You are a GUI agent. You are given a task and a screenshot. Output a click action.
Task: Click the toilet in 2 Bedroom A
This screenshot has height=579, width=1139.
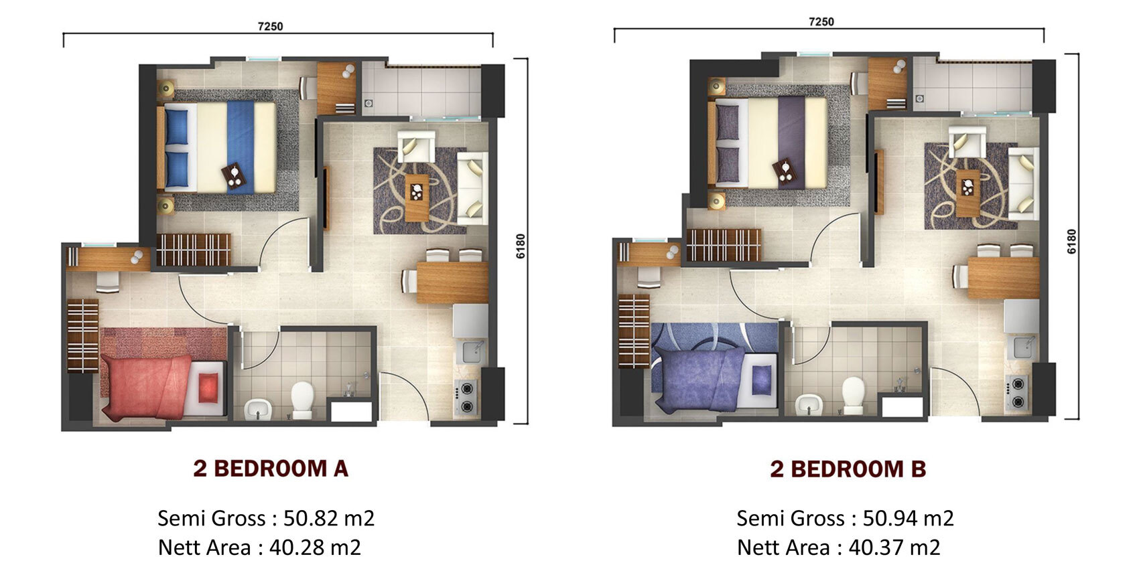click(302, 400)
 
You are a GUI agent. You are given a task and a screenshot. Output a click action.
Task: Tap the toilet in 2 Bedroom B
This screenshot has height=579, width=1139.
click(853, 395)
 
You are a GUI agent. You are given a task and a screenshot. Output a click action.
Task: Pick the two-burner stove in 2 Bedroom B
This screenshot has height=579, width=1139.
click(1017, 393)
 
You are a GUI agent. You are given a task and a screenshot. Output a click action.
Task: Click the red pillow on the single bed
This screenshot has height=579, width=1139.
click(208, 388)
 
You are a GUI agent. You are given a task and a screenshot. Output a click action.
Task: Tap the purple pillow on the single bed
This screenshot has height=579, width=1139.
click(760, 380)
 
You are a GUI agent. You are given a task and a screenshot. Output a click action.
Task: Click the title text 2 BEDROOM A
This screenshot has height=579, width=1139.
click(271, 469)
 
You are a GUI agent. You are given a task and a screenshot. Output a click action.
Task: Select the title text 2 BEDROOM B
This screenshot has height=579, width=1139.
click(848, 469)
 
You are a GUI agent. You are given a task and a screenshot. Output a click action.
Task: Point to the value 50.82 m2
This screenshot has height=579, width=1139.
click(328, 518)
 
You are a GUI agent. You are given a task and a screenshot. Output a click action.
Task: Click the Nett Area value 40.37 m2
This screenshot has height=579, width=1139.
click(894, 548)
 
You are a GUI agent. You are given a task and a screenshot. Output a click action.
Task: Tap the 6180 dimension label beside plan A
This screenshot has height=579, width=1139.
click(520, 246)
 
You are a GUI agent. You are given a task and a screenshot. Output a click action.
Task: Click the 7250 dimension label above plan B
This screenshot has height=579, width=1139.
click(821, 21)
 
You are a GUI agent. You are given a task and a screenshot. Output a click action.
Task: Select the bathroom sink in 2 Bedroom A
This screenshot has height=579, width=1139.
click(259, 410)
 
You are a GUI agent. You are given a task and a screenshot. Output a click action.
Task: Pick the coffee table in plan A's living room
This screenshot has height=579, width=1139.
click(417, 197)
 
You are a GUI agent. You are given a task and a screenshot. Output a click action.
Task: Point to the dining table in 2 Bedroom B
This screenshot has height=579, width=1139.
click(1003, 277)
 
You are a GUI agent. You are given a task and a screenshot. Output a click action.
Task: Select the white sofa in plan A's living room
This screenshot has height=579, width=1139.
click(472, 188)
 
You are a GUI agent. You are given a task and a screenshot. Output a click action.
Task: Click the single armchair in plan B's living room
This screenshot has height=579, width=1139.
click(967, 142)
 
